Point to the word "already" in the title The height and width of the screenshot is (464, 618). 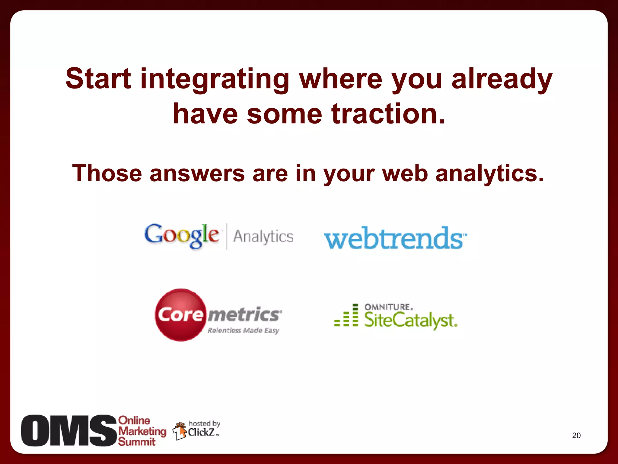502,79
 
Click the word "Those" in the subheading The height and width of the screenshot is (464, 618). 107,173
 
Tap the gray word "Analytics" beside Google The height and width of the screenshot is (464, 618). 263,237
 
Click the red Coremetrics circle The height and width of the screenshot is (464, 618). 180,315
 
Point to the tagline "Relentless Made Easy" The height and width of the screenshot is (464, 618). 243,330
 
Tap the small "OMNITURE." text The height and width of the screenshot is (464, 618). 389,307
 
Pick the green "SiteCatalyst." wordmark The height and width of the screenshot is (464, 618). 410,320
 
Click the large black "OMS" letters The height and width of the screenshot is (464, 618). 69,430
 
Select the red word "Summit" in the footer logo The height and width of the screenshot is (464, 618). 136,442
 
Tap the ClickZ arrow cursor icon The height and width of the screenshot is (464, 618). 180,431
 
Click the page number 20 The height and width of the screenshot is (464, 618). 576,435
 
